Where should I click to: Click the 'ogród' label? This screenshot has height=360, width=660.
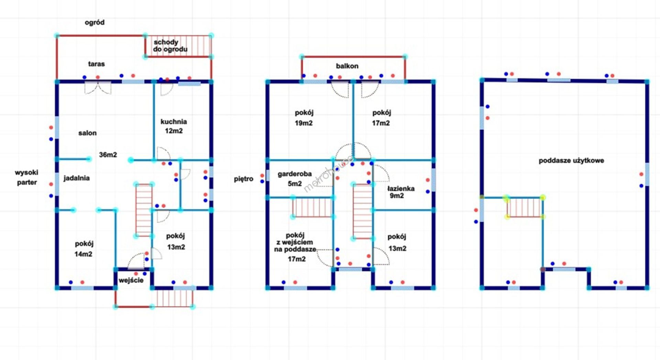95,23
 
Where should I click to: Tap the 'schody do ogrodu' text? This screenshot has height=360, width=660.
170,46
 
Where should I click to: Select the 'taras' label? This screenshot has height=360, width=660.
96,64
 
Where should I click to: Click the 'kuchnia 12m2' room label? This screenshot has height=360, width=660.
174,126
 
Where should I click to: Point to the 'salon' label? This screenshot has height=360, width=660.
87,133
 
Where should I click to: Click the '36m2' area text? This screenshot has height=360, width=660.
108,155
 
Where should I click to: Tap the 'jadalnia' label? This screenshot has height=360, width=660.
76,178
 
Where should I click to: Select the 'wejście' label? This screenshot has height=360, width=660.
131,280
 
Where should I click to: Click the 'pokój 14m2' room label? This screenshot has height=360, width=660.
84,249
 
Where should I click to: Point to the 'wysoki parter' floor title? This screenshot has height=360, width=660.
26,177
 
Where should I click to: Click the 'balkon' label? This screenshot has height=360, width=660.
347,66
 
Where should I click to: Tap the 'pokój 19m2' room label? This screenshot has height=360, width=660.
304,118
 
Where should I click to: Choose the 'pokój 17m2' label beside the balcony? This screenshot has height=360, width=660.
381,118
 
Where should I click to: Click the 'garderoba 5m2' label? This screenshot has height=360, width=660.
295,179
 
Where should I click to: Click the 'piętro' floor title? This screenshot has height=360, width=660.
243,179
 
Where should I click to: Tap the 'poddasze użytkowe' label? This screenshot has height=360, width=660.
571,161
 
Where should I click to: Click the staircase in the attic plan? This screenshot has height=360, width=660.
524,207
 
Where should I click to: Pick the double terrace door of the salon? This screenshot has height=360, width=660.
98,87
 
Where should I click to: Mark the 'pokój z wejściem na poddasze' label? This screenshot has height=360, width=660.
295,247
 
